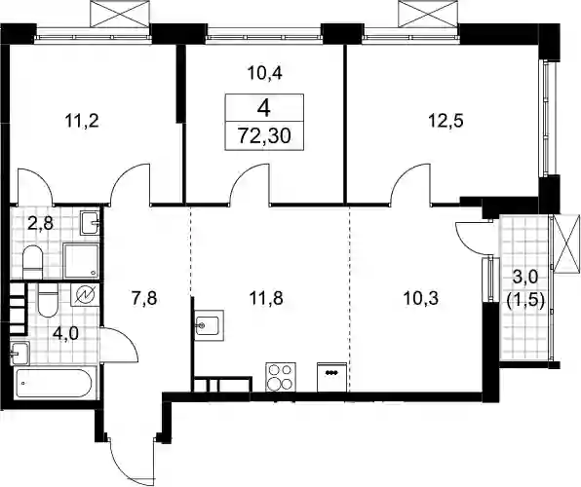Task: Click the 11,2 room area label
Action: click(x=82, y=121)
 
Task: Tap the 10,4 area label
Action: click(x=265, y=73)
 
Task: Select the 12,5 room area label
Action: click(x=446, y=121)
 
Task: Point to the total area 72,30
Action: click(x=264, y=136)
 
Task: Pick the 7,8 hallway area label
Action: click(x=145, y=298)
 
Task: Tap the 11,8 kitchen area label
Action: click(x=266, y=298)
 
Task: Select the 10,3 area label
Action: click(x=421, y=298)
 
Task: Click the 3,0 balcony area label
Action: click(x=524, y=277)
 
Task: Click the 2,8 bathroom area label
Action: click(x=41, y=224)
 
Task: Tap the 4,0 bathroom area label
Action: click(x=66, y=333)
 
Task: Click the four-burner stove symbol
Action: click(x=281, y=377)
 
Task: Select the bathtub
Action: click(x=56, y=384)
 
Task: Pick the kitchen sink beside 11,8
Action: click(x=210, y=325)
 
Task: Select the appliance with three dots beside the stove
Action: click(x=332, y=377)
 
